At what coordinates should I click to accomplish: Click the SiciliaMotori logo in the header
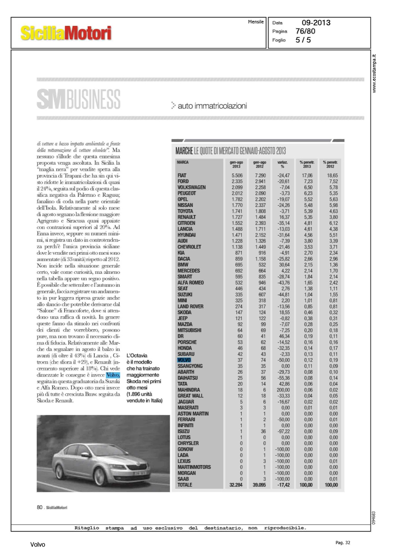click(66, 33)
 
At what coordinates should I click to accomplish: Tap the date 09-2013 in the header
click(316, 23)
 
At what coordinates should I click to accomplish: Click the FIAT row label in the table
click(182, 175)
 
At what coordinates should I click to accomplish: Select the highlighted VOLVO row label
click(184, 360)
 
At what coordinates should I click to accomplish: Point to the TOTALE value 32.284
click(236, 485)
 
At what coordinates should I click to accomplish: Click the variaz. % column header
click(283, 164)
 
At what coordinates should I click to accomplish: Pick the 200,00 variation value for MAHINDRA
click(283, 390)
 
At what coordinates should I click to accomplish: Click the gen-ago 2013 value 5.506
click(237, 175)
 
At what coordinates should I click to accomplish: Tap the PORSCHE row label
click(187, 342)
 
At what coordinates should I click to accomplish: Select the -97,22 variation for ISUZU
click(283, 432)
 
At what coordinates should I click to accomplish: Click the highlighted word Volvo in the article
click(113, 375)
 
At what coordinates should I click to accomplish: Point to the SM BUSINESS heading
click(78, 99)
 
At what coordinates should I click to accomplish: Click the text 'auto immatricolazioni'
click(212, 106)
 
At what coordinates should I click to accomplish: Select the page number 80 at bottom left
click(40, 507)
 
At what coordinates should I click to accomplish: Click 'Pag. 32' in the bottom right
click(343, 543)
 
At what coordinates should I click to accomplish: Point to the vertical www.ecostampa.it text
click(374, 74)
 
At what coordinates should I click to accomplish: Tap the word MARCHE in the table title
click(184, 151)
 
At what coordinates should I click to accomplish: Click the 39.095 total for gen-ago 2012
click(259, 485)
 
